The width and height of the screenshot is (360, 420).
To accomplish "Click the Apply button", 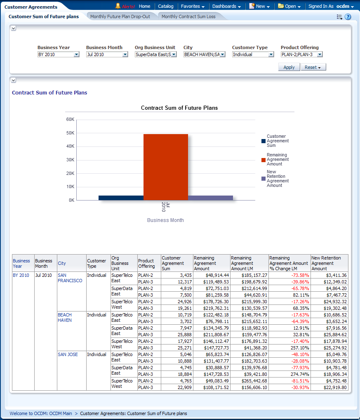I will pyautogui.click(x=289, y=67).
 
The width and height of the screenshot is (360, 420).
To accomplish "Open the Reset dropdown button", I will pyautogui.click(x=313, y=67).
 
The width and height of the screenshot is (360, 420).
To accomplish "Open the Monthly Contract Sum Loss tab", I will pyautogui.click(x=188, y=17).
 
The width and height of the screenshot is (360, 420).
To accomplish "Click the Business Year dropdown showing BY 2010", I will pyautogui.click(x=58, y=54).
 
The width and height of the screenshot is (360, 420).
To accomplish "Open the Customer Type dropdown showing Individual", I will pyautogui.click(x=253, y=54).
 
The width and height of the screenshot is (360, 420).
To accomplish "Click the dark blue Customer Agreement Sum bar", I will pyautogui.click(x=121, y=198).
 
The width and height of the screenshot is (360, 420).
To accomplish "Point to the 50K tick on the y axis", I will pyautogui.click(x=70, y=133).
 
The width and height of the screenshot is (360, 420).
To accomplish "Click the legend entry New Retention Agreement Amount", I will pyautogui.click(x=277, y=179).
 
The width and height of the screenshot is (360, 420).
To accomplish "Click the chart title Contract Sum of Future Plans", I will pyautogui.click(x=179, y=108).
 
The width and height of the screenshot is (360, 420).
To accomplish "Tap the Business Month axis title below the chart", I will pyautogui.click(x=165, y=220).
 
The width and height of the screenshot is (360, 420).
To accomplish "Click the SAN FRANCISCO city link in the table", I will pyautogui.click(x=70, y=278).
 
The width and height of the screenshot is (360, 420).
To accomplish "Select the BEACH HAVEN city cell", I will pyautogui.click(x=65, y=317).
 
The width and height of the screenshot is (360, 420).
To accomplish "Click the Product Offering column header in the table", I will pyautogui.click(x=146, y=263).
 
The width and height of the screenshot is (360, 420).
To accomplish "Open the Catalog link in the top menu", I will pyautogui.click(x=166, y=6).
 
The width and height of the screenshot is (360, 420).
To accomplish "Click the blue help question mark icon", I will pyautogui.click(x=348, y=17).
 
